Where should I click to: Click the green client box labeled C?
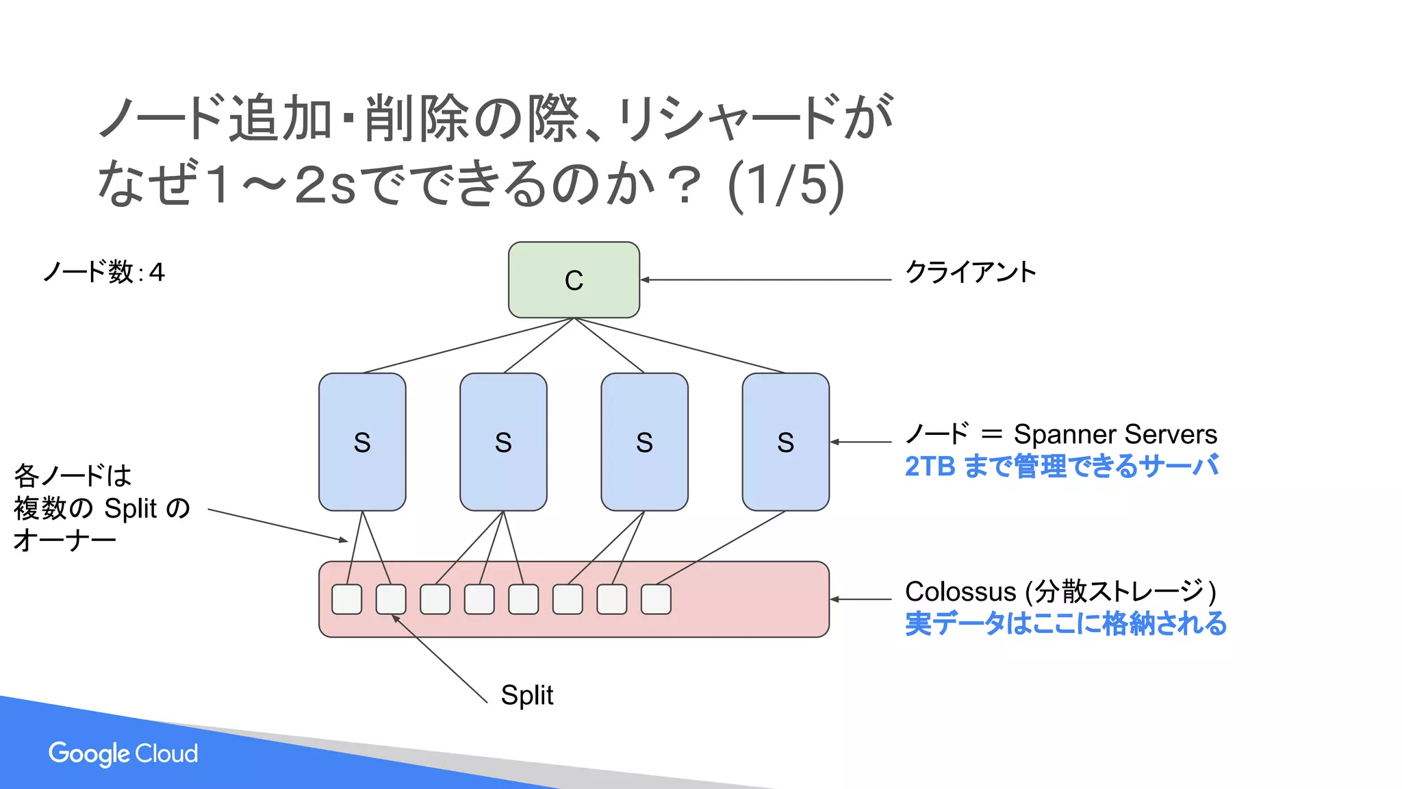(x=574, y=279)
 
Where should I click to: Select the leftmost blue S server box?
(x=362, y=442)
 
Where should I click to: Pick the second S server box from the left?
(x=503, y=442)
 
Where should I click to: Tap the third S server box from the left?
(x=644, y=442)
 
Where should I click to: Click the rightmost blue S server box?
(x=785, y=442)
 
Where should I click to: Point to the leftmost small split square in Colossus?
(x=347, y=599)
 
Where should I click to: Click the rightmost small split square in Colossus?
(x=656, y=599)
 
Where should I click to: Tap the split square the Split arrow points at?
(x=391, y=599)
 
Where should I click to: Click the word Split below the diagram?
(x=526, y=695)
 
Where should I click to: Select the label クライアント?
(x=970, y=272)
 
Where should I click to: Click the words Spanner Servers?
(x=1115, y=434)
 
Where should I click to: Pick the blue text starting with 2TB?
(x=1061, y=466)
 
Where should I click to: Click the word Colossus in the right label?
(x=960, y=591)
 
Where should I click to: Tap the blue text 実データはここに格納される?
(x=1065, y=624)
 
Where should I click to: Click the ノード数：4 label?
(x=104, y=272)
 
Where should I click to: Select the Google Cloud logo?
(x=123, y=753)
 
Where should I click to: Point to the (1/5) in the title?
(x=785, y=185)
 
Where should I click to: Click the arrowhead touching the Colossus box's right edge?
(x=835, y=599)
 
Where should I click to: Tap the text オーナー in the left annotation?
(x=65, y=540)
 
